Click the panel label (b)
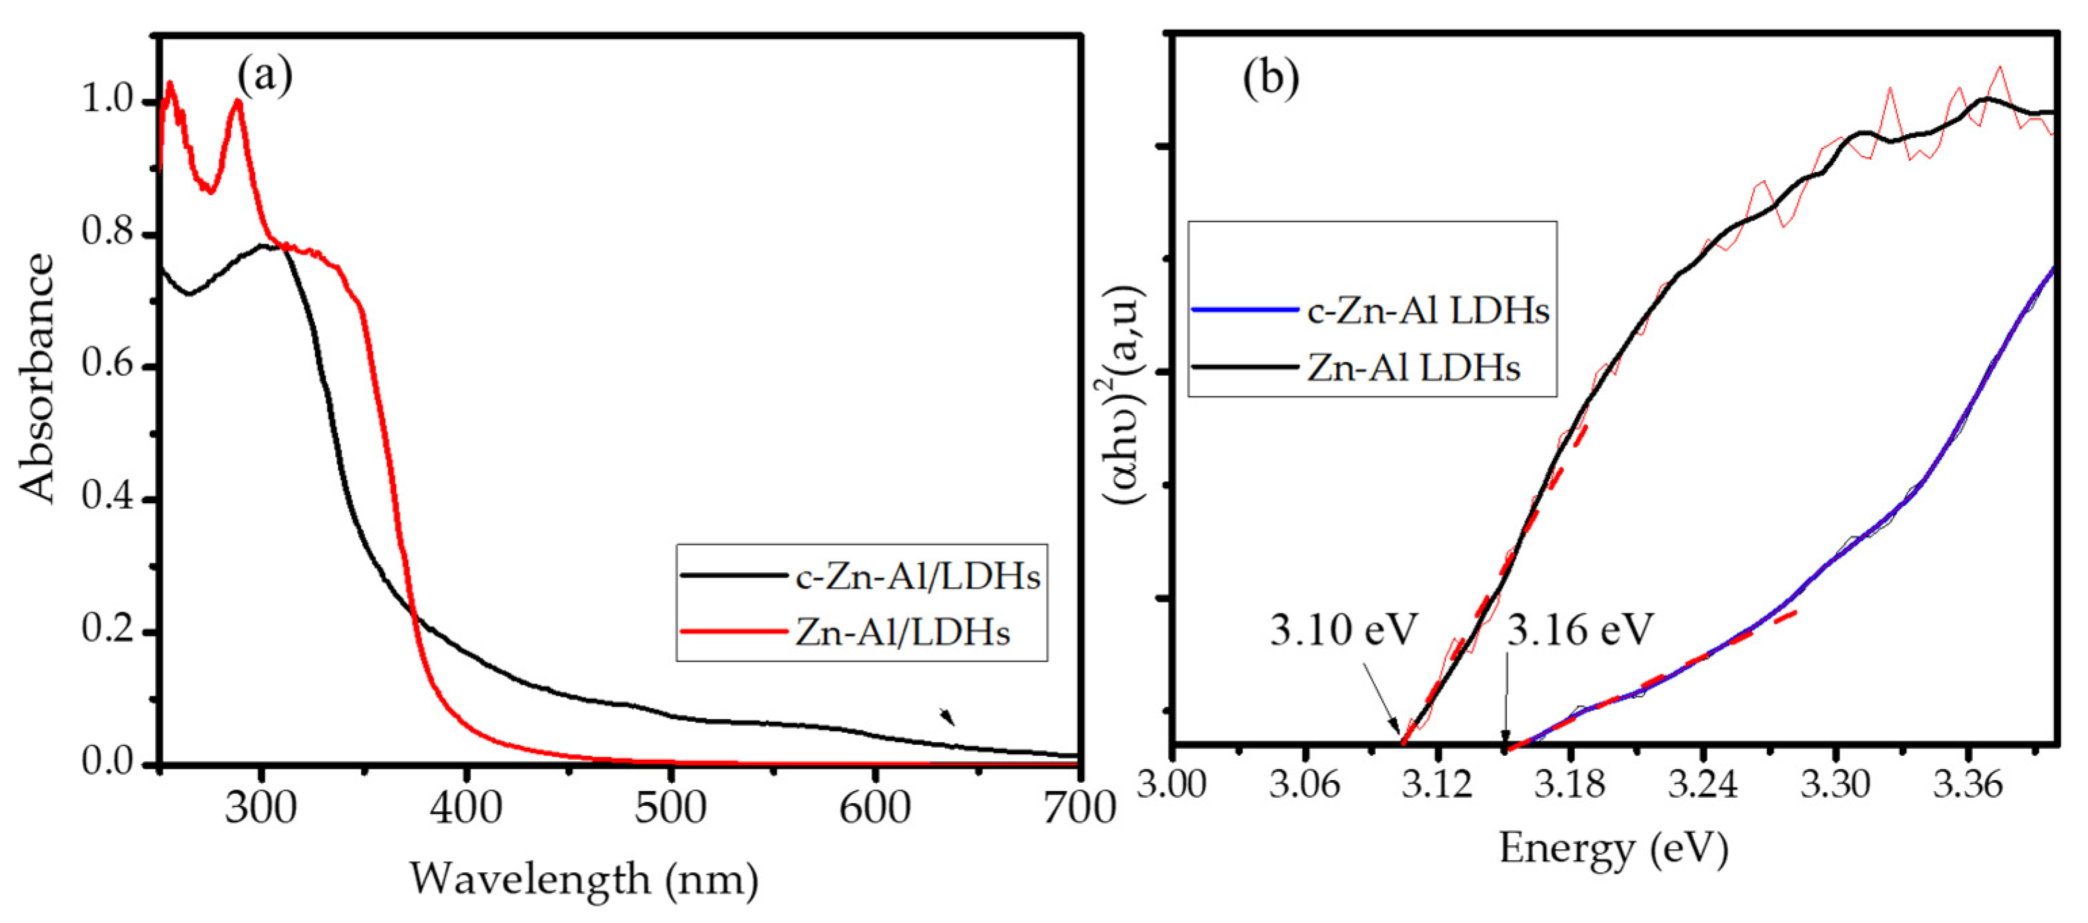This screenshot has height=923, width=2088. (1270, 79)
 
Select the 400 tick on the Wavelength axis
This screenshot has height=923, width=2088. (465, 808)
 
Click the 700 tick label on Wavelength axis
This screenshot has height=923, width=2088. (1079, 808)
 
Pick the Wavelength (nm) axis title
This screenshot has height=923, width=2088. (584, 879)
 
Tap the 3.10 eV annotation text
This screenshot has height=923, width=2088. (1343, 630)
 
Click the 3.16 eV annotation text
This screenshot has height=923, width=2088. (1579, 630)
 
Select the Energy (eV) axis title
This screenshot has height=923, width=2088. (1613, 849)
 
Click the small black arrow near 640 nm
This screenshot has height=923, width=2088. (947, 716)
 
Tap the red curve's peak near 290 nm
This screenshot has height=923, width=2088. (238, 102)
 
